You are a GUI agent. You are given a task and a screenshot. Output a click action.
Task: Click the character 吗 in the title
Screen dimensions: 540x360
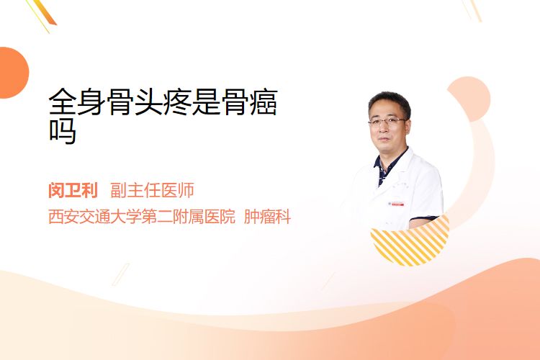(x=63, y=131)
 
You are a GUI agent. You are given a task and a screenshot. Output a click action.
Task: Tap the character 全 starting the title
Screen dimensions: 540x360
(x=63, y=102)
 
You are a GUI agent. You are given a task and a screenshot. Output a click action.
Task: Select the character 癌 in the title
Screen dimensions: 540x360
(x=264, y=102)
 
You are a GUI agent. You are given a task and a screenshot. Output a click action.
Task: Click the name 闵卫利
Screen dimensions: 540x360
(x=73, y=190)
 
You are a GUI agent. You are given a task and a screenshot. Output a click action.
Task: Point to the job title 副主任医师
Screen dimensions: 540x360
(x=152, y=190)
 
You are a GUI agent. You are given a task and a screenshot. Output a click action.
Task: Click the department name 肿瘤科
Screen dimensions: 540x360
(x=268, y=217)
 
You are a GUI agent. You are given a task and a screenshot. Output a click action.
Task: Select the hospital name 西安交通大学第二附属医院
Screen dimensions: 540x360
(x=142, y=217)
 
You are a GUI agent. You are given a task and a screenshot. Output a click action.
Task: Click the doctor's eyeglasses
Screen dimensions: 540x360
(x=387, y=121)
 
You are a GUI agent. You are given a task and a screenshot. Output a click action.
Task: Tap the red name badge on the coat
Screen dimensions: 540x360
(x=396, y=204)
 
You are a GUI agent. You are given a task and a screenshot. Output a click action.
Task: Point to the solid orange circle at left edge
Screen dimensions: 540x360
(x=13, y=73)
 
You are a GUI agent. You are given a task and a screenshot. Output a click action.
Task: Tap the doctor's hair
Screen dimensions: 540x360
(x=389, y=101)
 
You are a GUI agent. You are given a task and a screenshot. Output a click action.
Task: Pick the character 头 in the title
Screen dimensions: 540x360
(x=149, y=102)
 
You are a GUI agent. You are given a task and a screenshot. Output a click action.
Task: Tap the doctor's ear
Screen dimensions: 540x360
(x=408, y=126)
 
